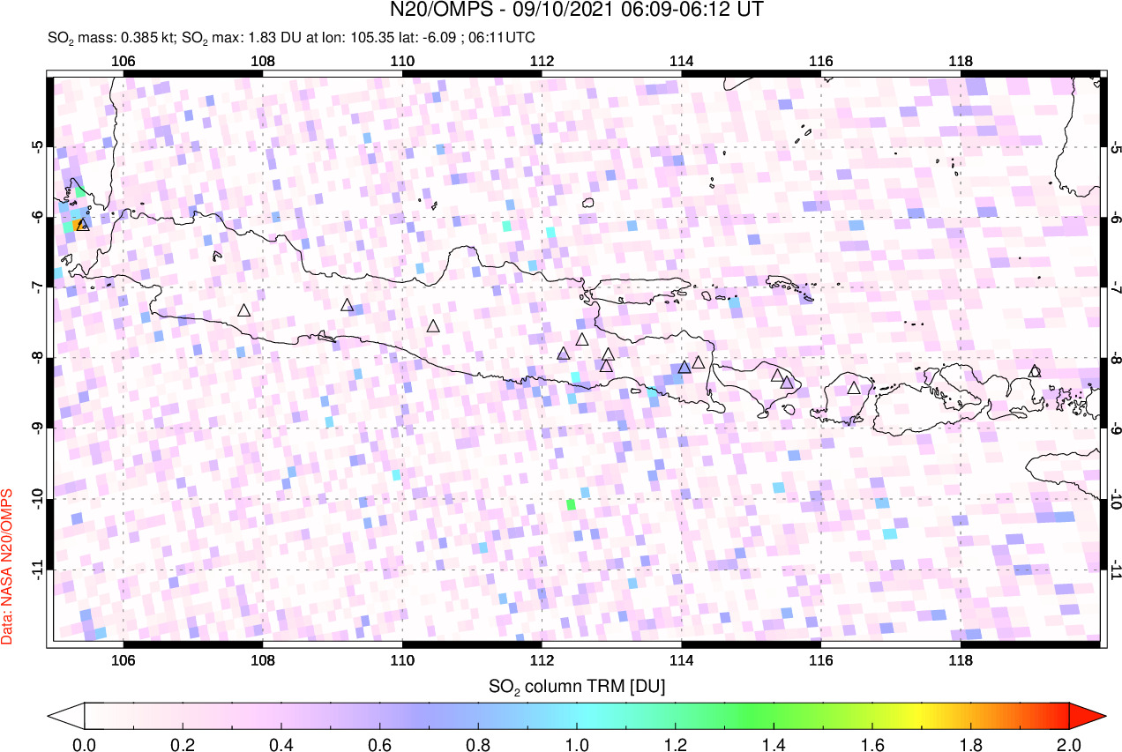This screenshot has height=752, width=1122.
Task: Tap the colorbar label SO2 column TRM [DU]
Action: coord(577,685)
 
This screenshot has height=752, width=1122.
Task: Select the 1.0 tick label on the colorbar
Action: coord(577,743)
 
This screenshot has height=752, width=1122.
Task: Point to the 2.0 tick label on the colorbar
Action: coord(1069,743)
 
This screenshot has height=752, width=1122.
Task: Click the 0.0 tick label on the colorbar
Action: coord(85,743)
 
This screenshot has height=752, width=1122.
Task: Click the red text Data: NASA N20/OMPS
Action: coord(8,565)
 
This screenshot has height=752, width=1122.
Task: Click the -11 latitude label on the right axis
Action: coord(1116,570)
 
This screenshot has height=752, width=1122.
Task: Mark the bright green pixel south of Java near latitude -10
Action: coord(571,504)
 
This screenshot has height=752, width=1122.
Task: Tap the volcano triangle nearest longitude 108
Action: coord(244,310)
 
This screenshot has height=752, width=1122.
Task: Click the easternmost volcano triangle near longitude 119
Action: coord(1035,371)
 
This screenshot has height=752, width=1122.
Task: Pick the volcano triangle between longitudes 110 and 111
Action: coord(433,326)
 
